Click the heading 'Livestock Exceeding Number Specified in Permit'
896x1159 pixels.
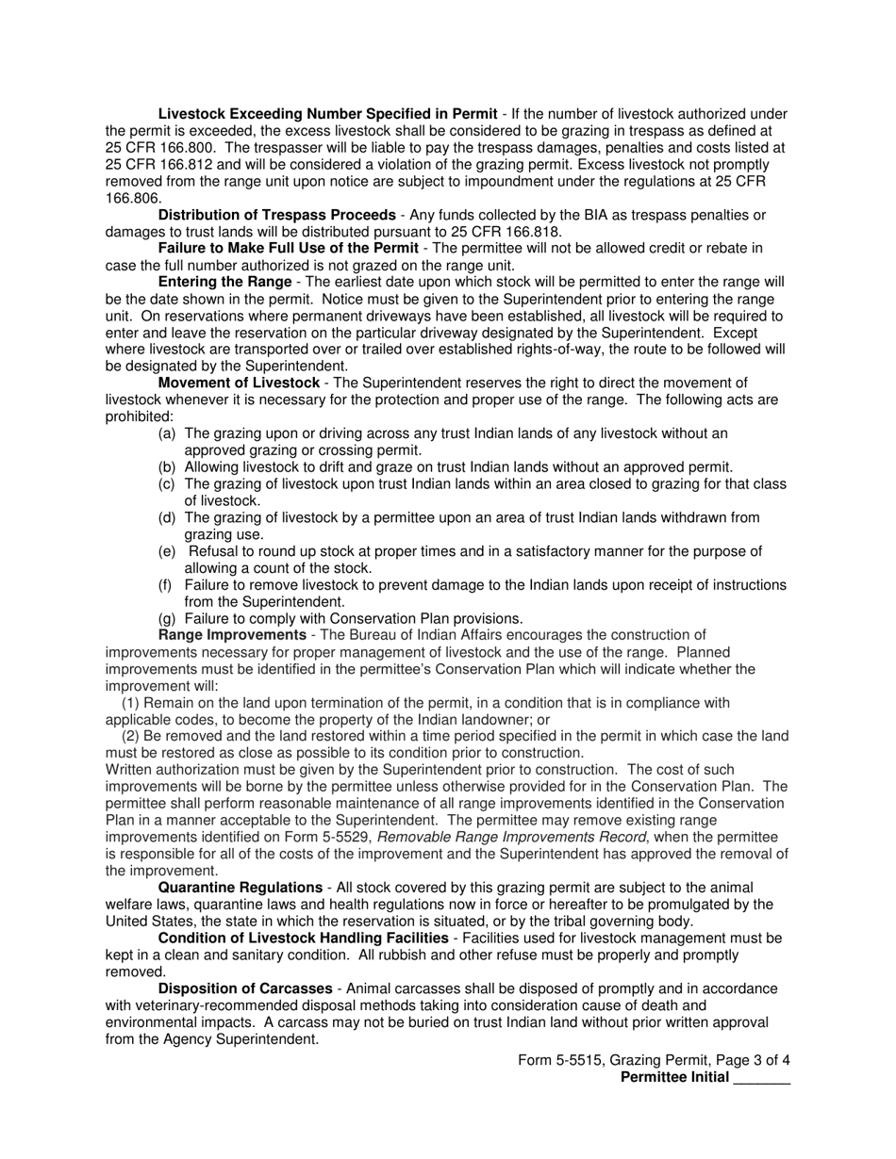[329, 114]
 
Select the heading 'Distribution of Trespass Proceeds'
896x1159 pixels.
[276, 215]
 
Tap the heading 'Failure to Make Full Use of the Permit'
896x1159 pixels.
[289, 248]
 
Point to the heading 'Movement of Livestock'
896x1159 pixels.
[239, 383]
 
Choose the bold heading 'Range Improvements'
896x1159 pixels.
[232, 635]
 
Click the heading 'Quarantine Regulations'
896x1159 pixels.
[240, 888]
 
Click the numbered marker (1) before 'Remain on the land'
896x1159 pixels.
[132, 703]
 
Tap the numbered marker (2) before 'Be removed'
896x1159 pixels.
[132, 736]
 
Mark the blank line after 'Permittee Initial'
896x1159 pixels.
[761, 1078]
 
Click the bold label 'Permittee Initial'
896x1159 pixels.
[674, 1078]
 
